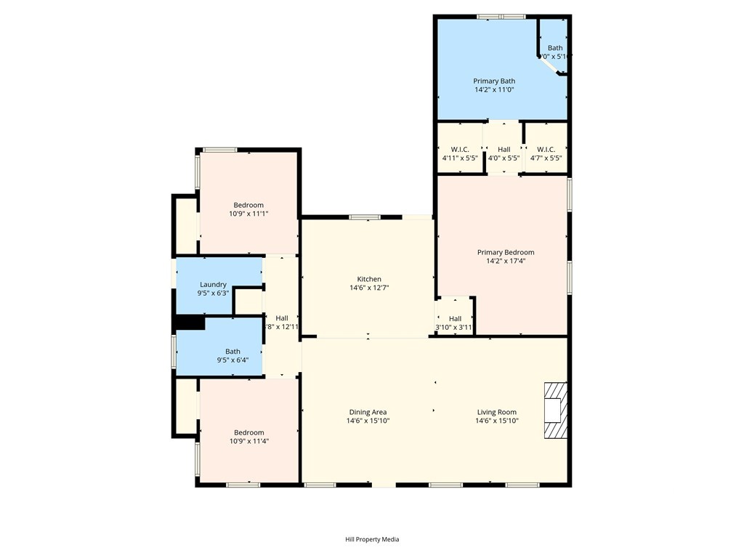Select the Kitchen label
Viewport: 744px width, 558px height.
point(369,279)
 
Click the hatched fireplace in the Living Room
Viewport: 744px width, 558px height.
point(556,411)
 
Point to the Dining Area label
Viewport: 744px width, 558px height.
point(368,412)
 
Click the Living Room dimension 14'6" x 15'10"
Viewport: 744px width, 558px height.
point(497,421)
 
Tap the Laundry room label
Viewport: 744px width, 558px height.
point(213,285)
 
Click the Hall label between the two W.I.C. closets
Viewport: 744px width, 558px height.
point(504,149)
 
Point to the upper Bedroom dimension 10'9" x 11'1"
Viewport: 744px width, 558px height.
point(248,214)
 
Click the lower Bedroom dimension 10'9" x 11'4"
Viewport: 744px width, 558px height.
point(248,441)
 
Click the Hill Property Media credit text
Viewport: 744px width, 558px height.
point(372,539)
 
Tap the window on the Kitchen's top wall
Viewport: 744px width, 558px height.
point(365,217)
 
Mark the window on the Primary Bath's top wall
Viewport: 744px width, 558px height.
point(501,16)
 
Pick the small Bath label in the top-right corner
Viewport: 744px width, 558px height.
point(555,48)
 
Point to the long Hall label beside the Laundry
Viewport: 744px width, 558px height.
point(282,318)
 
